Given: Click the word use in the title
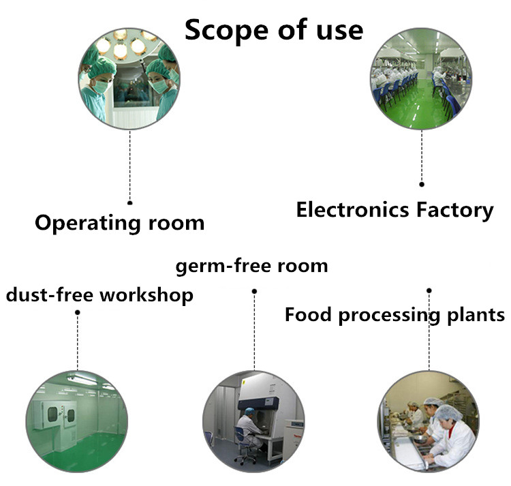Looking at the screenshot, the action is pyautogui.click(x=340, y=31).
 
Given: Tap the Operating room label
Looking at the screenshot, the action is pyautogui.click(x=120, y=224).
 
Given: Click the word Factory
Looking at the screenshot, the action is pyautogui.click(x=455, y=211).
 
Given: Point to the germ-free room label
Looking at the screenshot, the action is pyautogui.click(x=251, y=266).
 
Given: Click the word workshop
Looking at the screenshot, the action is pyautogui.click(x=146, y=295).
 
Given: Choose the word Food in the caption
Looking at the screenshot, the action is pyautogui.click(x=308, y=314).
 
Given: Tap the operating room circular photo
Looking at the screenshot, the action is pyautogui.click(x=129, y=78).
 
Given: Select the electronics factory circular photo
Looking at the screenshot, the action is pyautogui.click(x=421, y=78).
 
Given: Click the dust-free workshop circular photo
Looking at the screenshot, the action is pyautogui.click(x=77, y=421).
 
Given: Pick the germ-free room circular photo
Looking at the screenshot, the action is pyautogui.click(x=253, y=421).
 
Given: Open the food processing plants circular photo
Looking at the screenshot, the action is pyautogui.click(x=429, y=421).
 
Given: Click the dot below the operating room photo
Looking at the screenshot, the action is pyautogui.click(x=129, y=202).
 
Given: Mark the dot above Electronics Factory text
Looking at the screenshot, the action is pyautogui.click(x=422, y=184).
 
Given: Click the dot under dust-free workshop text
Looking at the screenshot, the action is pyautogui.click(x=78, y=312).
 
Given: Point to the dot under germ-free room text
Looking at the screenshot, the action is pyautogui.click(x=254, y=291).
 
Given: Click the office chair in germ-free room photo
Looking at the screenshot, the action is pyautogui.click(x=245, y=446).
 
